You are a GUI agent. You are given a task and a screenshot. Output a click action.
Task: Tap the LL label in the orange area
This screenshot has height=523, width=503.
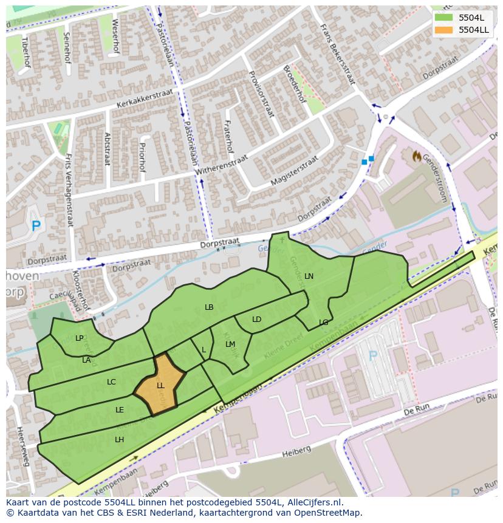[160, 386]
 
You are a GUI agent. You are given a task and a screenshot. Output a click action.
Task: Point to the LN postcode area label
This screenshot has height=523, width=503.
[309, 276]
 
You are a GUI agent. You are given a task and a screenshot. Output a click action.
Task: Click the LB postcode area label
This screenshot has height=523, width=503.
[209, 307]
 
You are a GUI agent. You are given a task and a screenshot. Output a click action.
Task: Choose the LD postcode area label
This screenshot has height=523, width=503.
[256, 320]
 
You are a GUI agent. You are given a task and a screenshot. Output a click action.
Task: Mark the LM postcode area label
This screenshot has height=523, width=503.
[230, 344]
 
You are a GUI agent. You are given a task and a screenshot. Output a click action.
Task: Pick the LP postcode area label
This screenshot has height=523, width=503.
[80, 338]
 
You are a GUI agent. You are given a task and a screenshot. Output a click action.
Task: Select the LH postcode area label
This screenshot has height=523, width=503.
[120, 439]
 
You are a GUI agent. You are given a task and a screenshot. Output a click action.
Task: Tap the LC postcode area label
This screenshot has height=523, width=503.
[111, 382]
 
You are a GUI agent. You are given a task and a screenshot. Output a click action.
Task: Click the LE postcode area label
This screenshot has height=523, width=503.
[120, 410]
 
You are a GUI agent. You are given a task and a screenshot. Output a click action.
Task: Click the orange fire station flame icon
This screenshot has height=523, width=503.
[417, 156]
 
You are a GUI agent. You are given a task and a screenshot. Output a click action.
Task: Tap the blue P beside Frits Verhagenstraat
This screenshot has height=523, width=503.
[36, 226]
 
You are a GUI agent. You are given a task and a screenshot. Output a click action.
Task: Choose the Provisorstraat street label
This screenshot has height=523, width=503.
[261, 94]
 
